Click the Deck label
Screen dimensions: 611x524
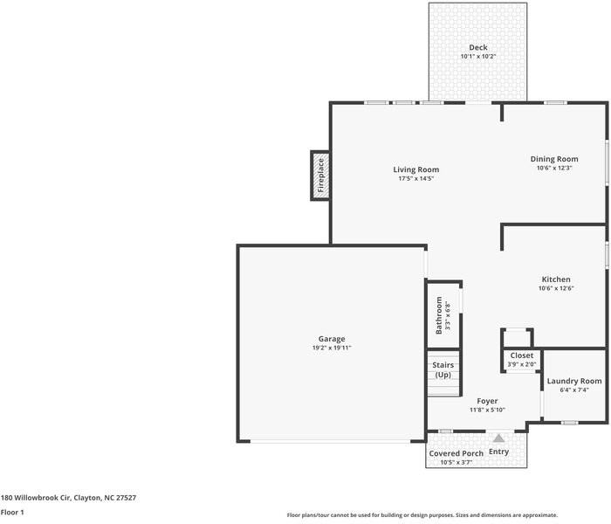[x=478, y=47]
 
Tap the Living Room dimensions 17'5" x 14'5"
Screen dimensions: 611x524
[x=415, y=178]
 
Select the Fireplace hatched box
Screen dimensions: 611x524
[x=320, y=176]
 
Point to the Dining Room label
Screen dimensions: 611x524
[x=554, y=159]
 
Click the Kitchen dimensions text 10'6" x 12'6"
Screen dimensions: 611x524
[x=556, y=288]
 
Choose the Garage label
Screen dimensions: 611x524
[x=332, y=339]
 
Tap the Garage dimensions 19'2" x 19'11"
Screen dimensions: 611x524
[x=332, y=348]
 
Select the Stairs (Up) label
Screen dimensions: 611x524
[x=443, y=370]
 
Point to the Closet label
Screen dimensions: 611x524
[x=522, y=355]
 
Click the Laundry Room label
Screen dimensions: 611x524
[x=574, y=381]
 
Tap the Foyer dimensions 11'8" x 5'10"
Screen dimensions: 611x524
[x=487, y=410]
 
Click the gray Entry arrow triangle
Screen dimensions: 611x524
[x=498, y=438]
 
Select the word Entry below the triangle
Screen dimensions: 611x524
[x=498, y=452]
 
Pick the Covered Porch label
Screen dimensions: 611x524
[x=457, y=453]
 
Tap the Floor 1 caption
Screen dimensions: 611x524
[x=12, y=513]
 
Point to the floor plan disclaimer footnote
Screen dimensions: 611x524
[x=422, y=515]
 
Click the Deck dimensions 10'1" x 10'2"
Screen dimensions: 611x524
[x=478, y=57]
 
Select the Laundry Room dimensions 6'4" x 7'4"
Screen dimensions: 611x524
[x=574, y=390]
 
